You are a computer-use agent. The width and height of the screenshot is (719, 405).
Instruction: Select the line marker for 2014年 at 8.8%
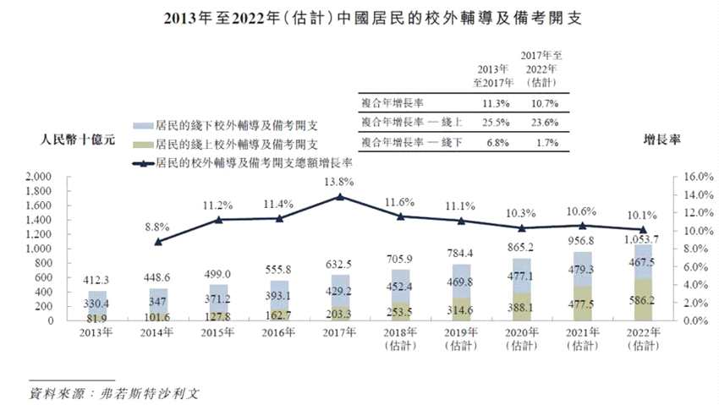click(158, 242)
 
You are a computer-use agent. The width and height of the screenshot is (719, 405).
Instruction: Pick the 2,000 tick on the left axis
click(40, 178)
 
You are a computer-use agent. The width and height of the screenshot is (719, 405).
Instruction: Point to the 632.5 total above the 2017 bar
click(339, 265)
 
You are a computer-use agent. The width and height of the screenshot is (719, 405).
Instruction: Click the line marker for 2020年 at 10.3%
click(521, 227)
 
